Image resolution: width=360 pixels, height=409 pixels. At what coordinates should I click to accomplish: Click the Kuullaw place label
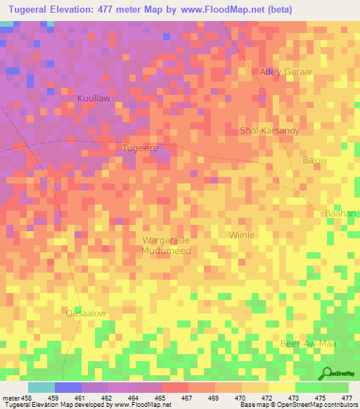tap(94, 99)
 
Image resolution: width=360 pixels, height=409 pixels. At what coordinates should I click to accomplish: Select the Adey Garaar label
tap(285, 72)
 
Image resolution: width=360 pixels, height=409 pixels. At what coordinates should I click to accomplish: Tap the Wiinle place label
tap(243, 235)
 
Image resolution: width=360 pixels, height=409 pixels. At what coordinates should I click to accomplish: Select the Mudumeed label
tap(166, 250)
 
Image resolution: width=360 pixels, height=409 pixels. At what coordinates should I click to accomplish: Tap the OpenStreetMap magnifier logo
tap(327, 373)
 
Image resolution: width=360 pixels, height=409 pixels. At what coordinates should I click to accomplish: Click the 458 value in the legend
tap(25, 397)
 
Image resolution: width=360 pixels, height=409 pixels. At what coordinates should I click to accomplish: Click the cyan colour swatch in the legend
tap(41, 387)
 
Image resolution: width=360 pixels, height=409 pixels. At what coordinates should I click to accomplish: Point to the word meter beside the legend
tap(10, 397)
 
